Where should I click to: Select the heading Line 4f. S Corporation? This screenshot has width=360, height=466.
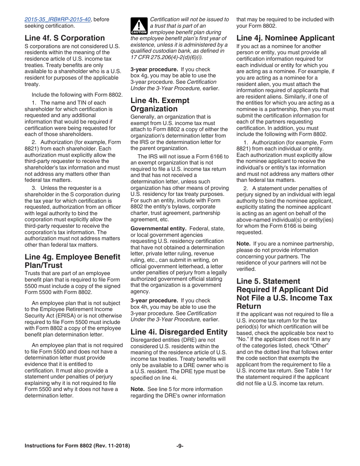[64, 38]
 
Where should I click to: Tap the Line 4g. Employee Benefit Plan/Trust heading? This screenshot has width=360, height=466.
[72, 261]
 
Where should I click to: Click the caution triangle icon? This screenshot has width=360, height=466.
[138, 26]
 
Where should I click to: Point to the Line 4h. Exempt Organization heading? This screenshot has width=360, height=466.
[160, 105]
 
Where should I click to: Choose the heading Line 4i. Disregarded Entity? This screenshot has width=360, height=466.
[179, 332]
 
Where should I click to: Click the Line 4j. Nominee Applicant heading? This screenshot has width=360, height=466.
[285, 38]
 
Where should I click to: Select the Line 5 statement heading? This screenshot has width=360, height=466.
[284, 294]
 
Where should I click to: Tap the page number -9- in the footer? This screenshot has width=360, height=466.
[180, 446]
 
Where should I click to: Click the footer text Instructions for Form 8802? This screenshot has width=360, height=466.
[77, 446]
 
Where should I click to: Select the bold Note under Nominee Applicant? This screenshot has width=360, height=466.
[243, 244]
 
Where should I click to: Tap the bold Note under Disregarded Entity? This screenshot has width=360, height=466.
[137, 389]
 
